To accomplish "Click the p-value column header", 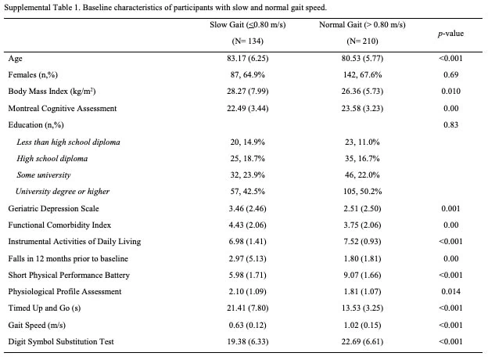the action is pyautogui.click(x=450, y=34).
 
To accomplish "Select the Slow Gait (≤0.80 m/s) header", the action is pyautogui.click(x=248, y=24).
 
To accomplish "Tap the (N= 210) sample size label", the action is pyautogui.click(x=362, y=41).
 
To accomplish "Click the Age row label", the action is pyautogui.click(x=16, y=59).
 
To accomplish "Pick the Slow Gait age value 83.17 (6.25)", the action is pyautogui.click(x=248, y=58).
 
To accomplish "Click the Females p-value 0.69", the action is pyautogui.click(x=450, y=75).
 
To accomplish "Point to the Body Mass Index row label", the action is pyautogui.click(x=52, y=92).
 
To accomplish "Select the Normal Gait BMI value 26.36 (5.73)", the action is pyautogui.click(x=362, y=92).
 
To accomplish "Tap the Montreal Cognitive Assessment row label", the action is pyautogui.click(x=63, y=108).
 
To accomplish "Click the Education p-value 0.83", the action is pyautogui.click(x=450, y=125).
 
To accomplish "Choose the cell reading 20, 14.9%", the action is pyautogui.click(x=248, y=142).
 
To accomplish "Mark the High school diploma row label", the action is pyautogui.click(x=52, y=159).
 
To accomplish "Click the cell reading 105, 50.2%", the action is pyautogui.click(x=362, y=191).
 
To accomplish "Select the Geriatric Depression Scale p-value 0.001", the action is pyautogui.click(x=450, y=208).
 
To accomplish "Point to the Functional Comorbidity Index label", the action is pyautogui.click(x=59, y=225).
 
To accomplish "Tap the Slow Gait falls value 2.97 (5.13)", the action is pyautogui.click(x=248, y=258).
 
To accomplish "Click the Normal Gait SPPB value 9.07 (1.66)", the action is pyautogui.click(x=362, y=275).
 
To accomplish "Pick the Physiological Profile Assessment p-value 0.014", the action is pyautogui.click(x=450, y=291).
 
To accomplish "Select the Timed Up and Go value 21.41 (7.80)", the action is pyautogui.click(x=248, y=308).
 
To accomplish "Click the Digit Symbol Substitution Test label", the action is pyautogui.click(x=61, y=342).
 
